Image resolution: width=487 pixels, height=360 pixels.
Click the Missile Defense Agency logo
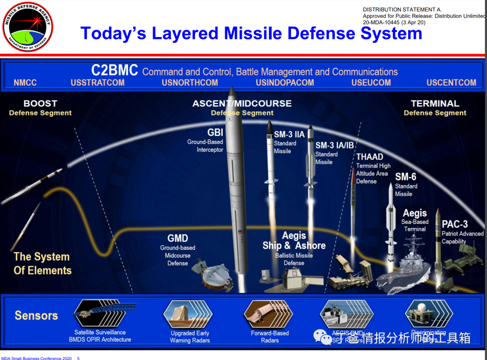click(28, 27)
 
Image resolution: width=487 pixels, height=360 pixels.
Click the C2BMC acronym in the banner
click(115, 71)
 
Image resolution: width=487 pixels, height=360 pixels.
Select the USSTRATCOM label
click(97, 83)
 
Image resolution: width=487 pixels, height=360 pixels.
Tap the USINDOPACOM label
click(285, 83)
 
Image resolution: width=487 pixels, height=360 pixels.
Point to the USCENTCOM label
click(451, 83)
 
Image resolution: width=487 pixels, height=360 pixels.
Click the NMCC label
click(25, 83)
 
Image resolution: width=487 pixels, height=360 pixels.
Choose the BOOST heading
click(40, 104)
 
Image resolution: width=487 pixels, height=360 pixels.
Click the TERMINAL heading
click(435, 104)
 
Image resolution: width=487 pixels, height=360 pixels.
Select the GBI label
click(215, 132)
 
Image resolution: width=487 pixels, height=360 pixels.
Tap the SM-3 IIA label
click(289, 134)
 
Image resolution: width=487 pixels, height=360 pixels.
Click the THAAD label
click(370, 157)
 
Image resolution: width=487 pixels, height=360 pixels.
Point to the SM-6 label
click(406, 177)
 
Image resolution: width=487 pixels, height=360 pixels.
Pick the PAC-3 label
click(455, 224)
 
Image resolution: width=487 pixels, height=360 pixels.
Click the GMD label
click(178, 238)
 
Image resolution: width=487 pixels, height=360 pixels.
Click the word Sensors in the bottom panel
click(36, 315)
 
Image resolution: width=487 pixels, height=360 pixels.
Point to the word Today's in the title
click(112, 34)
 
